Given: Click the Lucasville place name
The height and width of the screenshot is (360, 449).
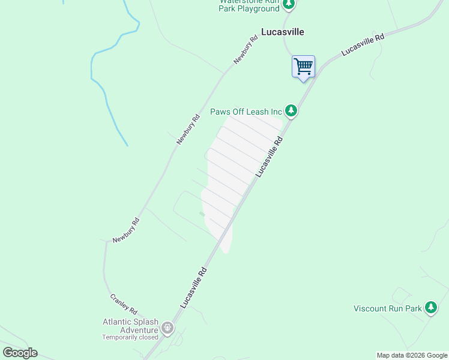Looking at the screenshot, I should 283,32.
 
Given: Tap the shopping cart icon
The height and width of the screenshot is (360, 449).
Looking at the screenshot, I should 303,65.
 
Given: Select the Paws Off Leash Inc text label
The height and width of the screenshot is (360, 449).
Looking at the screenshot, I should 246,112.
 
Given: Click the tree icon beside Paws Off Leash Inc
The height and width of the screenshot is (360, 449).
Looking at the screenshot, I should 291,110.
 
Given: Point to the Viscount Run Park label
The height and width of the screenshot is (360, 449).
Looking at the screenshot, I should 387,308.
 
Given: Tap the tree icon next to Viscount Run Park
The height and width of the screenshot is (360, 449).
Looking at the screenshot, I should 430,308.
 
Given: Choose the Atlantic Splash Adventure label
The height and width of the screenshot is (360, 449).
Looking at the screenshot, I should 130,325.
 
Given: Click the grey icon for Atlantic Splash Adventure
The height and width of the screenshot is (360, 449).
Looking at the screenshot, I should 167,328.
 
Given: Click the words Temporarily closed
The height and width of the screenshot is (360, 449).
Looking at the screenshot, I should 130,337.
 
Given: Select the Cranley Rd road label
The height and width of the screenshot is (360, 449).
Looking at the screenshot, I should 124,304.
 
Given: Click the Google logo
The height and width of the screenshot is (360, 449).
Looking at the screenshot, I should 20,353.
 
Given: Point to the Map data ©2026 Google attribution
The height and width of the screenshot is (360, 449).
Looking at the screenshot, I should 412,355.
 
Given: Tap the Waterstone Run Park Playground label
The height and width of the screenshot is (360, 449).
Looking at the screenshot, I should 249,5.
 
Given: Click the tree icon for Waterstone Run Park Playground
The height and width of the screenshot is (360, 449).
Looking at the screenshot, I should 289,5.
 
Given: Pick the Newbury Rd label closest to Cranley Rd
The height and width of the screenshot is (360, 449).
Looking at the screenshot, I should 126,230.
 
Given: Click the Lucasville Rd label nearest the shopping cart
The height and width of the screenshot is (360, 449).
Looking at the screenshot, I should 362,45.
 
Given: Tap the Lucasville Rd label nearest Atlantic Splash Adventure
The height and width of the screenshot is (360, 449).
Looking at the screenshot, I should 193,288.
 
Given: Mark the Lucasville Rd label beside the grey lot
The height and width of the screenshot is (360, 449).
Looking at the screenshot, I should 269,156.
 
